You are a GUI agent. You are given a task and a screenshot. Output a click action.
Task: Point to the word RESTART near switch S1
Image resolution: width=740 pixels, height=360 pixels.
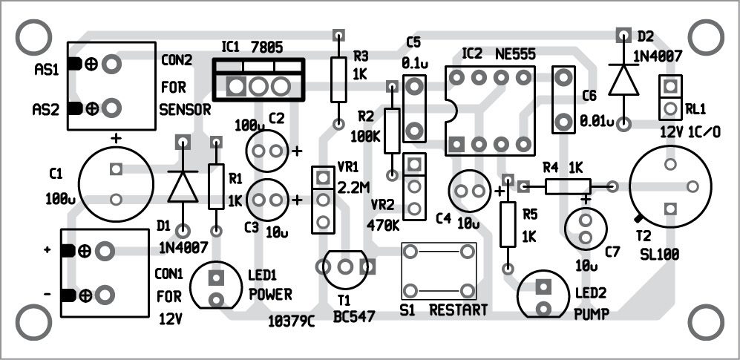[x=459, y=310]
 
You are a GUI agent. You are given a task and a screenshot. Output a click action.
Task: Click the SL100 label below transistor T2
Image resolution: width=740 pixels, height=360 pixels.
[x=658, y=255]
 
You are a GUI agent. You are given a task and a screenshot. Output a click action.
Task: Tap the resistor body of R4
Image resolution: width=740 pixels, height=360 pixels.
[x=568, y=186]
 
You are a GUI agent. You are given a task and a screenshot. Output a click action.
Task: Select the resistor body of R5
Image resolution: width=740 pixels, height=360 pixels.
[x=508, y=224]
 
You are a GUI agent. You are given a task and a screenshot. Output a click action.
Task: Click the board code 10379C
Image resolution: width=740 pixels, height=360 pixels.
[x=292, y=321]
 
